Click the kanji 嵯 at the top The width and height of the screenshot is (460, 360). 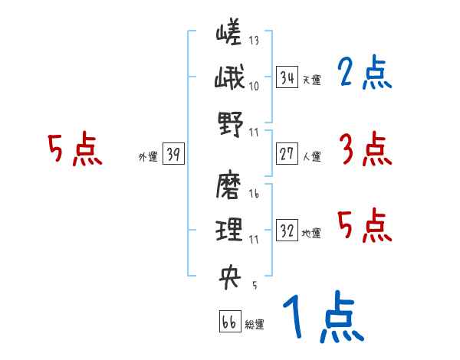tap(229, 34)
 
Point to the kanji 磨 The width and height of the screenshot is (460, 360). tap(229, 185)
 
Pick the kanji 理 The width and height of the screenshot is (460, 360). tap(229, 229)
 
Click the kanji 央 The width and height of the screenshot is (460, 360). tap(229, 273)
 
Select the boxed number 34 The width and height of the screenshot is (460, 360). tap(287, 77)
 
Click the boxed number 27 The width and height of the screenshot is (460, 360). tap(287, 154)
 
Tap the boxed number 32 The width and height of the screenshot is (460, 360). tap(287, 231)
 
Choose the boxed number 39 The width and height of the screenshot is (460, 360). tap(173, 154)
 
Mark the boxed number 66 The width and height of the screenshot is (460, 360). tap(229, 322)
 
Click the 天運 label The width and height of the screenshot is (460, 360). tap(311, 80)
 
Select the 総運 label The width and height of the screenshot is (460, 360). tap(255, 325)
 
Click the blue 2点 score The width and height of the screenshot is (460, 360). tap(364, 74)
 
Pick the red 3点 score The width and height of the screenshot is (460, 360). tap(364, 149)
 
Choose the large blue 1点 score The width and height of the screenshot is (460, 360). tap(322, 318)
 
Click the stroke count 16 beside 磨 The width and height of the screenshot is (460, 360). tap(254, 195)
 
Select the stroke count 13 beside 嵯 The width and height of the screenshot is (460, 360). tap(254, 41)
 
